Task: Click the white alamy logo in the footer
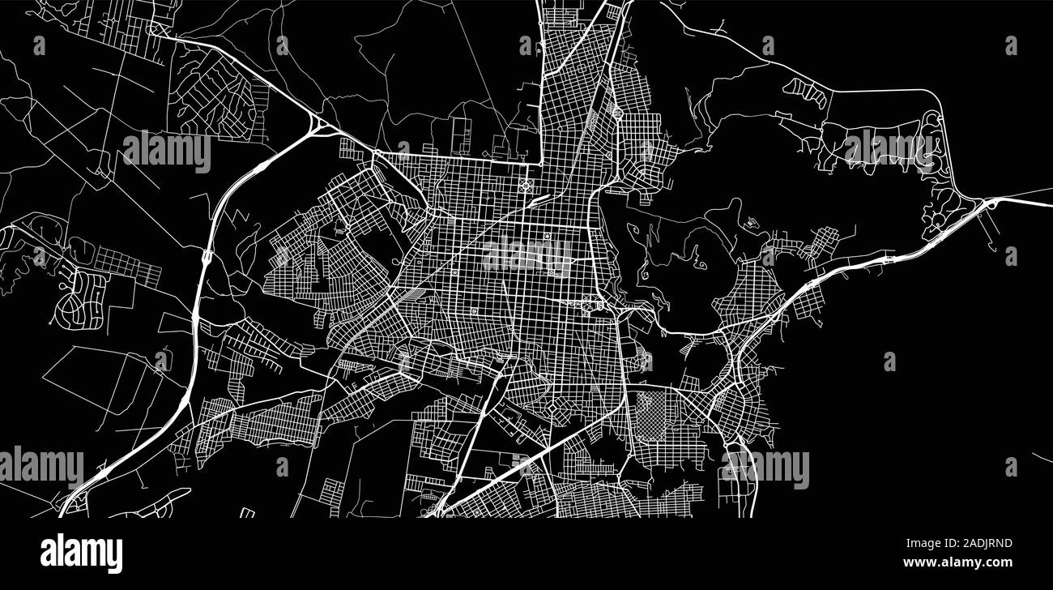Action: coord(81,554)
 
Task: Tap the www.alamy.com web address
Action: coord(957,562)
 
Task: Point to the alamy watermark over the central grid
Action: coord(526,254)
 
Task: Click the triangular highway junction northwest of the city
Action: coord(318,126)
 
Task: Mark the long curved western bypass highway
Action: coord(200,308)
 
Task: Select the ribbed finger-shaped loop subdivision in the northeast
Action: coord(807,93)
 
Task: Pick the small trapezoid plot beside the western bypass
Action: coord(174,323)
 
